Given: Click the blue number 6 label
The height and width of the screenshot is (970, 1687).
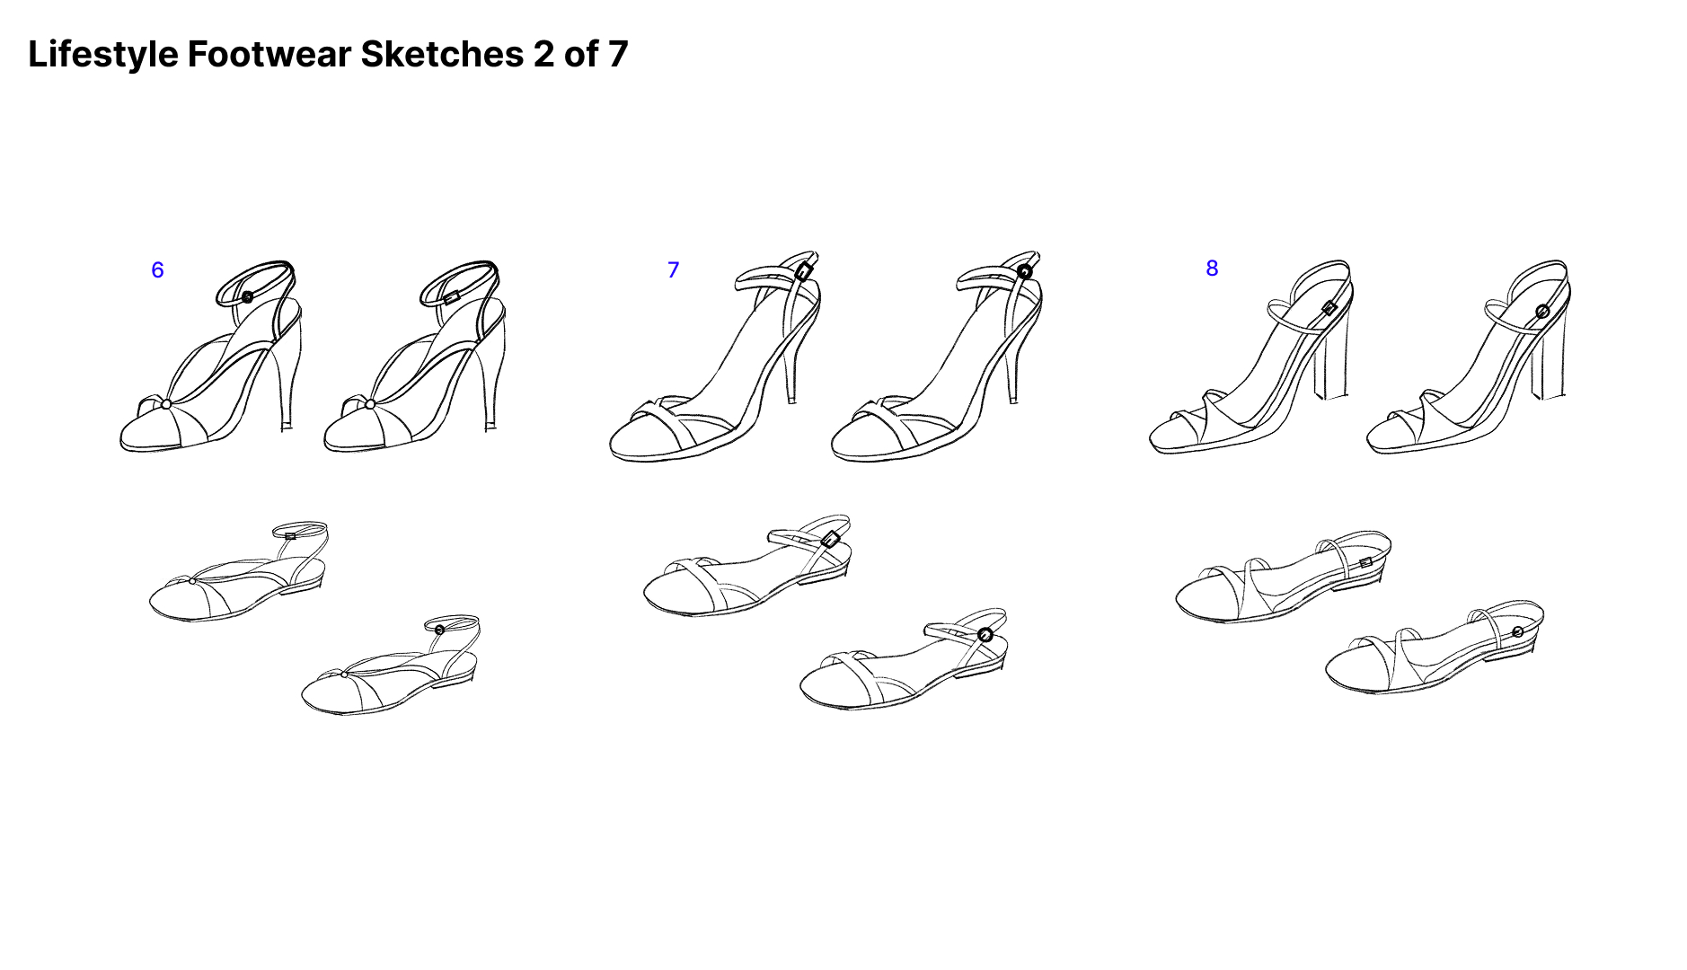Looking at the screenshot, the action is tap(157, 270).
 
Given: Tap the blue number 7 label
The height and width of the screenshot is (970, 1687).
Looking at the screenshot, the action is tap(673, 270).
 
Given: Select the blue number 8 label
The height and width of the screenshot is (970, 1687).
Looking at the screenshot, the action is tap(1212, 269).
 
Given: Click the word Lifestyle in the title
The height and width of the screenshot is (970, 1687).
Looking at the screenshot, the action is tap(103, 55).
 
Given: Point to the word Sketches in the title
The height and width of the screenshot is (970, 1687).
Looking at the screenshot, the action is tap(442, 54).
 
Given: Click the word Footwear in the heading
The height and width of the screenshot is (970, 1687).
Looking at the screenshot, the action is tap(269, 54).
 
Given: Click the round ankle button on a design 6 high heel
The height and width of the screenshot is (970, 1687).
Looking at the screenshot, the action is tap(248, 296).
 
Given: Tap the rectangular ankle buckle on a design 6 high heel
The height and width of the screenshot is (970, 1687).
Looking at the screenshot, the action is tap(452, 296).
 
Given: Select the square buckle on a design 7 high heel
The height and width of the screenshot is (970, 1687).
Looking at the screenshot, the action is tap(804, 270).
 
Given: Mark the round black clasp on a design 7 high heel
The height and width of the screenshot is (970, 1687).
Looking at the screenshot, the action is tap(1025, 271).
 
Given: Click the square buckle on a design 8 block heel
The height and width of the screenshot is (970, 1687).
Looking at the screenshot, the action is tap(1329, 308).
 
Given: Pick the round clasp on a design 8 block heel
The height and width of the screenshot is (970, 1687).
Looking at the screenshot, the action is tap(1542, 312).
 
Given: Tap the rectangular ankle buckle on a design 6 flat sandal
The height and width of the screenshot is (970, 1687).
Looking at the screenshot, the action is tap(290, 536).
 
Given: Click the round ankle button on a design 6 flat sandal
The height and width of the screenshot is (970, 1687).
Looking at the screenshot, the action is tap(439, 630).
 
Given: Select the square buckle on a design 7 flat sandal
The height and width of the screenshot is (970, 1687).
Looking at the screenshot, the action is tap(831, 539).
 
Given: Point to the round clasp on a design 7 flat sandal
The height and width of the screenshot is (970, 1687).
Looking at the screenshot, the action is tap(985, 635).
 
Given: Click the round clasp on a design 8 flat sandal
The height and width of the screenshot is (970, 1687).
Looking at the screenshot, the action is tap(1517, 631).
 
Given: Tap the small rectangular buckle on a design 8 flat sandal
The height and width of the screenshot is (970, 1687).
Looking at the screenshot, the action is tap(1365, 562).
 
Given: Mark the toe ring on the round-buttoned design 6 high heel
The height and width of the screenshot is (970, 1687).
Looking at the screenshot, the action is tap(166, 404).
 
